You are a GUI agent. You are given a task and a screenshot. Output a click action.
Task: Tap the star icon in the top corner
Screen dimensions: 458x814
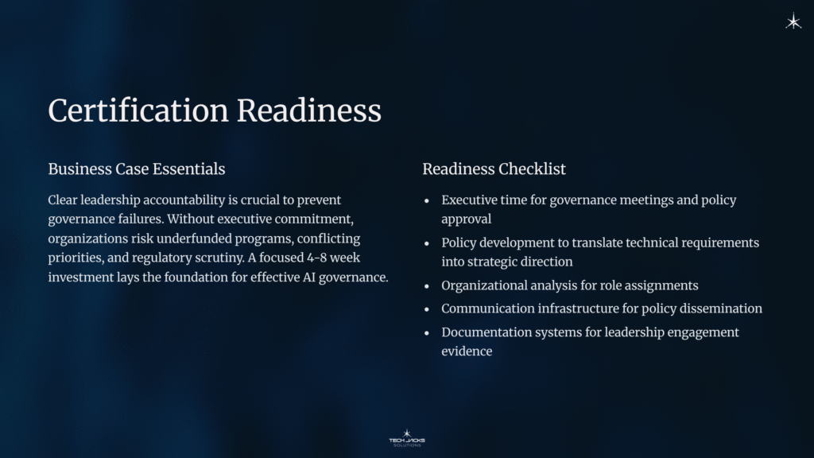point(793,22)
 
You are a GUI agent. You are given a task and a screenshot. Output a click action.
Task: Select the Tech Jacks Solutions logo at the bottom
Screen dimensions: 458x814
point(407,437)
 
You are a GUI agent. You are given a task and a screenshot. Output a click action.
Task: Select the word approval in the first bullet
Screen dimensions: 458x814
point(467,219)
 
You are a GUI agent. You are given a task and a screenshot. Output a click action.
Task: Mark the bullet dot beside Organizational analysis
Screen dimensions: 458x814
point(428,286)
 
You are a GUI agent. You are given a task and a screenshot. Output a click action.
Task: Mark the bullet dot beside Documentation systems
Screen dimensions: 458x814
point(428,333)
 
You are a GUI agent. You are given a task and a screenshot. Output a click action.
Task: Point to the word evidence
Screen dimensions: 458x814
point(467,351)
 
